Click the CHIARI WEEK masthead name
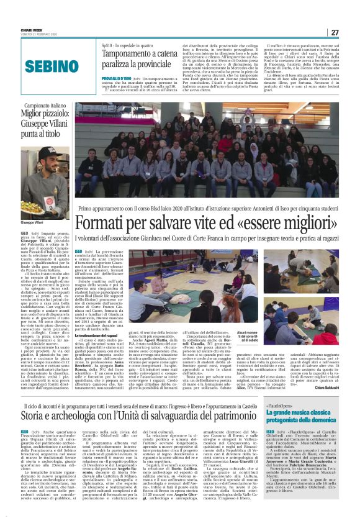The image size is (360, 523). coord(29,28)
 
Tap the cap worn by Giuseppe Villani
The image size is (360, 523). coord(48,153)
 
